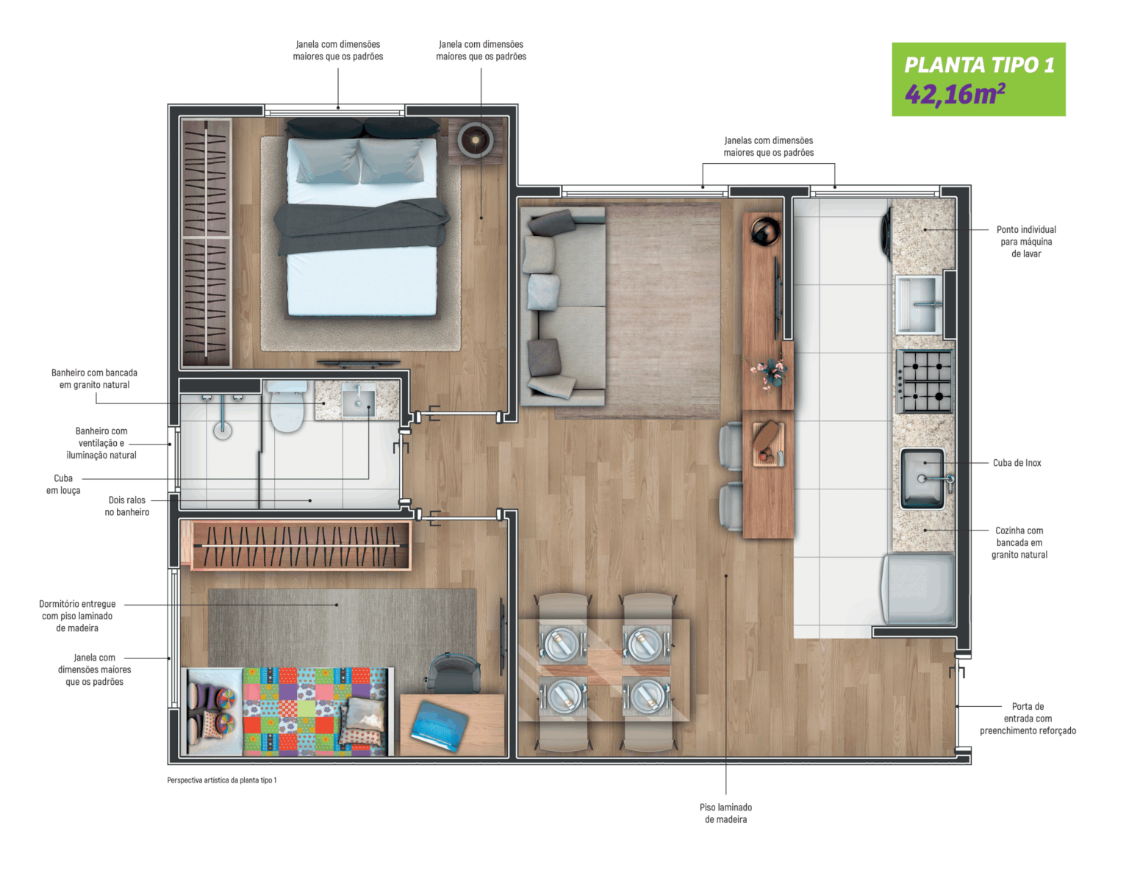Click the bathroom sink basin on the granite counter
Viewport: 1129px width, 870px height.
358,401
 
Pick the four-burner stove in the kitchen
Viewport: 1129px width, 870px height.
925,381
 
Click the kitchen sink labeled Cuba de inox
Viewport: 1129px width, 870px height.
922,478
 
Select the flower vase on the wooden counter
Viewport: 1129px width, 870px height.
769,371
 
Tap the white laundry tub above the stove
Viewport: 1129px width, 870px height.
917,303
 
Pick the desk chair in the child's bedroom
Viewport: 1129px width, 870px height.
453,672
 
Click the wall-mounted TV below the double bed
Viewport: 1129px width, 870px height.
359,363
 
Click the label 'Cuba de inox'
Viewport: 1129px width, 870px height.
1017,463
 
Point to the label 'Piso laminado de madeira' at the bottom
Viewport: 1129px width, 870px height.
725,813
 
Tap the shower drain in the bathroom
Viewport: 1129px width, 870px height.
223,431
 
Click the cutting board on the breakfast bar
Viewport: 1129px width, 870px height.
768,444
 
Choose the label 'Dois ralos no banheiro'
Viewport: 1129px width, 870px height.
127,506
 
